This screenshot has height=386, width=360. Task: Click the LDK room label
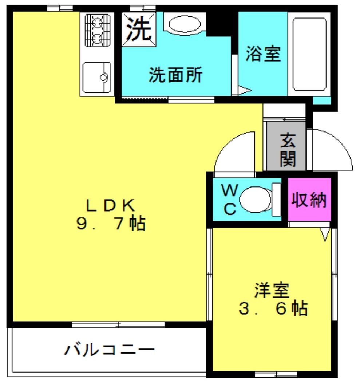pyautogui.click(x=111, y=206)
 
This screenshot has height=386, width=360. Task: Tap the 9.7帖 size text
pyautogui.click(x=111, y=223)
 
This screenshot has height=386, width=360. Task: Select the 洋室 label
pyautogui.click(x=272, y=291)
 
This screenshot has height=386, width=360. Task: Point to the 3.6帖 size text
pyautogui.click(x=273, y=308)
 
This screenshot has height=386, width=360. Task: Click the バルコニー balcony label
pyautogui.click(x=110, y=350)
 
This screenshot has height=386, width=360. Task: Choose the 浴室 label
pyautogui.click(x=263, y=54)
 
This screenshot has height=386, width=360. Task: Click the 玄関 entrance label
pyautogui.click(x=288, y=150)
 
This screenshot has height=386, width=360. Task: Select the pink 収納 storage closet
pyautogui.click(x=309, y=200)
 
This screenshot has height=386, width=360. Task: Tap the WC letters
pyautogui.click(x=230, y=200)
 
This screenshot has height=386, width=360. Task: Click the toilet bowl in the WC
pyautogui.click(x=256, y=200)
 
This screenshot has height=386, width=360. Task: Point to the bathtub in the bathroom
pyautogui.click(x=309, y=54)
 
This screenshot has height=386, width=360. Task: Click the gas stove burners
pyautogui.click(x=98, y=30)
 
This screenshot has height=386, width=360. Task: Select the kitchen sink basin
pyautogui.click(x=97, y=77)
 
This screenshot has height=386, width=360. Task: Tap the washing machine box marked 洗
pyautogui.click(x=139, y=29)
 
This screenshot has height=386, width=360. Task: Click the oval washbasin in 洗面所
pyautogui.click(x=185, y=24)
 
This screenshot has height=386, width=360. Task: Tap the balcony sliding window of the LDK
pyautogui.click(x=118, y=324)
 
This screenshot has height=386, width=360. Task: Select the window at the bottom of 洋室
pyautogui.click(x=276, y=374)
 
